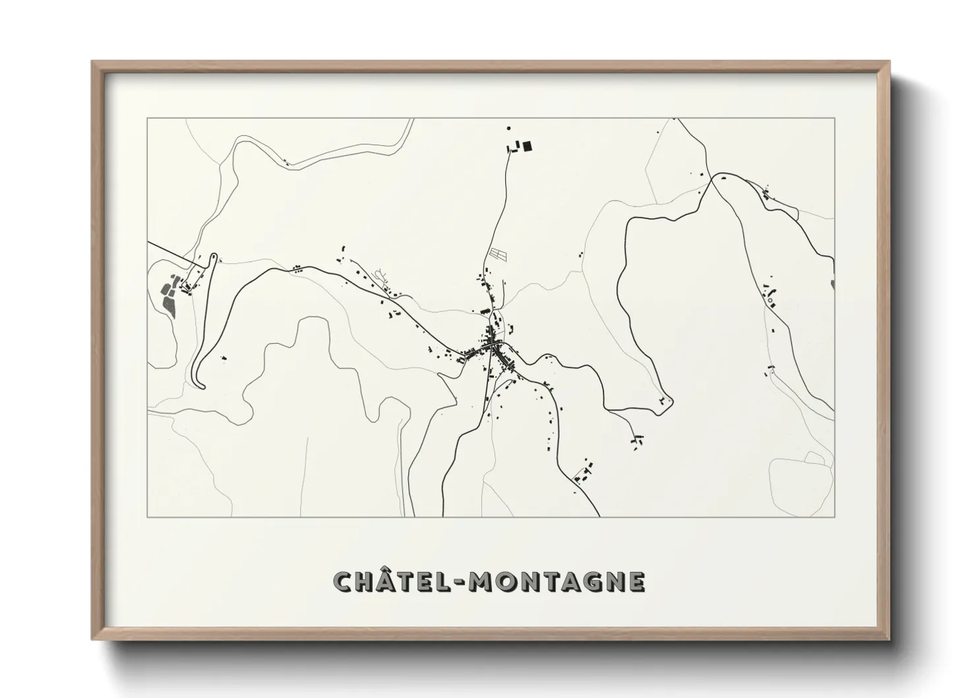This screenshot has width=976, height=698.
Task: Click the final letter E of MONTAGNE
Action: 636,581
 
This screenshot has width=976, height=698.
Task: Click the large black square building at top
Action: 527,146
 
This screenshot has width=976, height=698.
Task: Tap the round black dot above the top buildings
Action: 508,128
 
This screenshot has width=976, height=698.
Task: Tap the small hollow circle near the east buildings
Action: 770,301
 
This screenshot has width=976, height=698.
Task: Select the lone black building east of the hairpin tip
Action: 223,358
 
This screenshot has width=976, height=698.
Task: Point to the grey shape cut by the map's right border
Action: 833,285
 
